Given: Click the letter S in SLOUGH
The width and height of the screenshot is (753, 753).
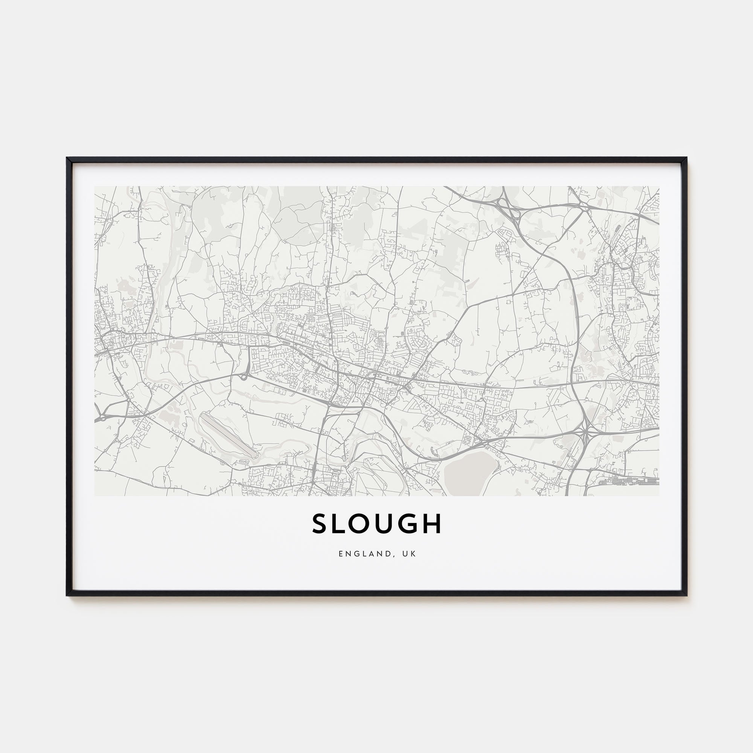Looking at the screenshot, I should [320, 523].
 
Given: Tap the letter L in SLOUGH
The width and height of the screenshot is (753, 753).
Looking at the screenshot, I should [342, 523].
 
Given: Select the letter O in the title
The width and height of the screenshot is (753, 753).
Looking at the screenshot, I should [365, 523].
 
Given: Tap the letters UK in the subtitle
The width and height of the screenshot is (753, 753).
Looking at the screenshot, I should [410, 554].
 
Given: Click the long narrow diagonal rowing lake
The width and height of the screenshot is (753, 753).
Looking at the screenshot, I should [228, 434].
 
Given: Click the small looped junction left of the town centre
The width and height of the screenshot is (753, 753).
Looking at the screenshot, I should [245, 376].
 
